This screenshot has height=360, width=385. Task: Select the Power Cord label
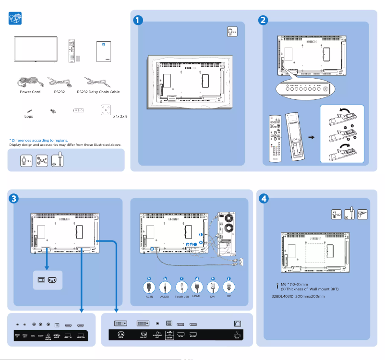coord(30,92)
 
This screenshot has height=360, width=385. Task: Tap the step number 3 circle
coord(14,198)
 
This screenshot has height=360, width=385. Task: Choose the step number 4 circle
coord(263,198)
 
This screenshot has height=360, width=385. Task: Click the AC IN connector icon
coord(149,287)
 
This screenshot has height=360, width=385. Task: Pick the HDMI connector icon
coord(196,287)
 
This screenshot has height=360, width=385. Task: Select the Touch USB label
coord(181,297)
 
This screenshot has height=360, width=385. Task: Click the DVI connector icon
coord(213,287)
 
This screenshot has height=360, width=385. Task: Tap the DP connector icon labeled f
coord(229,287)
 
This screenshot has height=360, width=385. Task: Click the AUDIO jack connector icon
coord(165,287)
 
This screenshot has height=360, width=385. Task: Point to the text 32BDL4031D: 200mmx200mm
coord(298,296)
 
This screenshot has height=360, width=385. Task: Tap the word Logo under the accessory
coord(29,116)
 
